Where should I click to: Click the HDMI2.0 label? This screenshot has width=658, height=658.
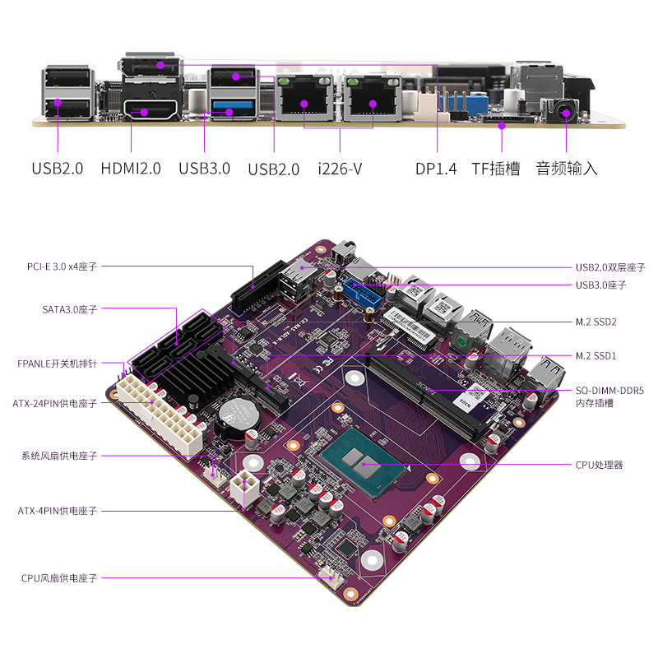click(131, 169)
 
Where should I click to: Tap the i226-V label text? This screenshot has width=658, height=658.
click(340, 169)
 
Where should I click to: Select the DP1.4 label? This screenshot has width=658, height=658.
click(435, 169)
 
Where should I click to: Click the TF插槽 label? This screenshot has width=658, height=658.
click(495, 169)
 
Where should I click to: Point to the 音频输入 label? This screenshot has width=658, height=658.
click(567, 169)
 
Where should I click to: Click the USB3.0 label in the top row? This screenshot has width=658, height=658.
click(204, 169)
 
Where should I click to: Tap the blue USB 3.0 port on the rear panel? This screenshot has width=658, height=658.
click(234, 104)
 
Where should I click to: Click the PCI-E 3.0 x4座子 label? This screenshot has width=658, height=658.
click(62, 266)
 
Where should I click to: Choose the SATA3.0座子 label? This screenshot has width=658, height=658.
click(69, 310)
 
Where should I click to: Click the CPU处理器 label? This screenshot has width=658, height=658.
click(599, 465)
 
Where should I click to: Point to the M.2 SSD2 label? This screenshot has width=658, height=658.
click(595, 322)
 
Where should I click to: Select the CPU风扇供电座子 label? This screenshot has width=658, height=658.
click(59, 578)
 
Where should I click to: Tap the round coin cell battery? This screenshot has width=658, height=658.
click(242, 415)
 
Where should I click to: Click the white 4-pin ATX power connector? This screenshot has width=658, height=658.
click(244, 490)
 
